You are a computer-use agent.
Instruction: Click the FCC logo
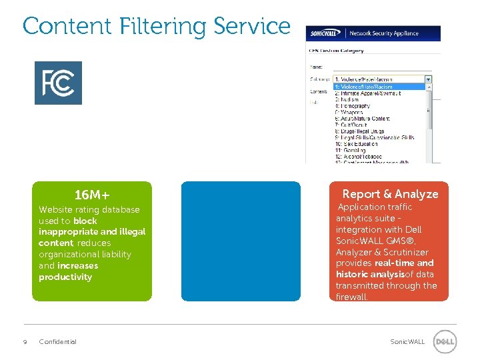pos(58,83)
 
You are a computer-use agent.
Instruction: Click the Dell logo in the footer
pos(445,342)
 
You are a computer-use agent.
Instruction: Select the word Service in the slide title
pos(252,26)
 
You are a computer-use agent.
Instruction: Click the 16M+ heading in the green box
pos(92,195)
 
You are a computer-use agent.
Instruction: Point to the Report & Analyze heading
pos(390,194)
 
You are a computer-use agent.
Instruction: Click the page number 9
pos(25,342)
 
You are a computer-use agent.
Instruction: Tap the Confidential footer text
pos(58,342)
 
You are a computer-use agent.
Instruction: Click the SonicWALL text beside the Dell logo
pos(407,342)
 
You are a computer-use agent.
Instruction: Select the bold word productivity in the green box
pos(65,277)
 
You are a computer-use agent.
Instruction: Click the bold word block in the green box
pos(85,221)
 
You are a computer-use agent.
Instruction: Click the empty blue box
pos(241,241)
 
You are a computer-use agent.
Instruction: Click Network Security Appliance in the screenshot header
pos(384,33)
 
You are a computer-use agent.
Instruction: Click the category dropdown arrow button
pos(428,79)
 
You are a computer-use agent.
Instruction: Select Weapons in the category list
pos(350,113)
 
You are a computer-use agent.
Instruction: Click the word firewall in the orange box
pos(351,297)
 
